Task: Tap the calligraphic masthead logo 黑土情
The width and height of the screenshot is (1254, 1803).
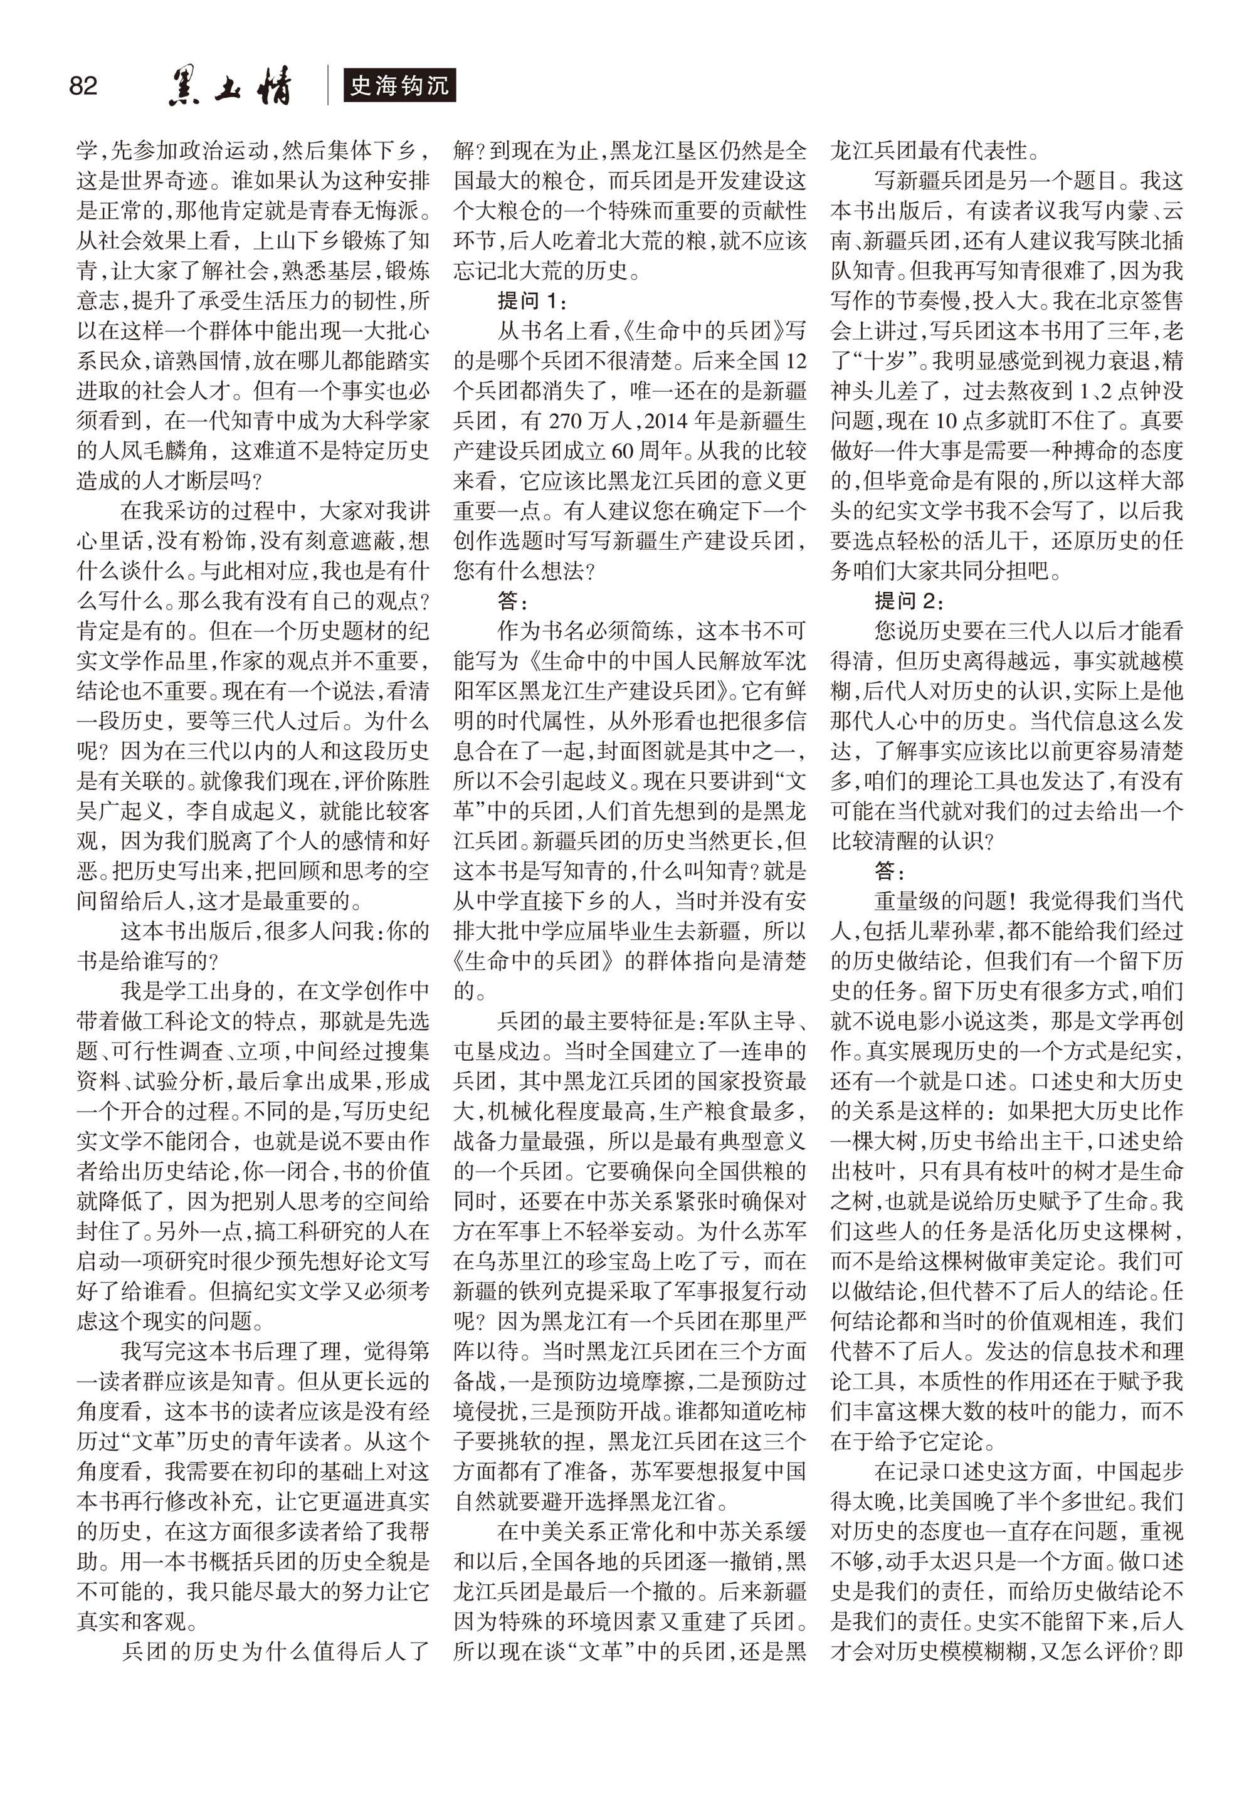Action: pyautogui.click(x=230, y=86)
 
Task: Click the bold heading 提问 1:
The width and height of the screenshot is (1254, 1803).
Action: pyautogui.click(x=532, y=301)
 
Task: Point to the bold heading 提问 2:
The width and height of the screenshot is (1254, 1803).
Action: pyautogui.click(x=909, y=601)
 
